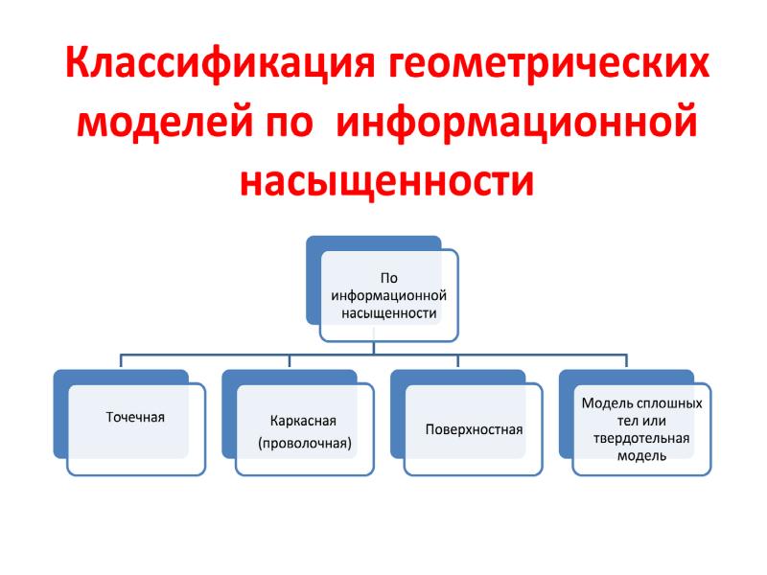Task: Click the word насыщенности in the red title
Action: (x=386, y=180)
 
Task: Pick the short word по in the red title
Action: (x=290, y=125)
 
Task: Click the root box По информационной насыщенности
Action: (x=389, y=295)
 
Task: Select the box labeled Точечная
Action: (x=136, y=429)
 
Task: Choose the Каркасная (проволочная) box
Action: (x=305, y=429)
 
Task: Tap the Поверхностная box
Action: (x=474, y=429)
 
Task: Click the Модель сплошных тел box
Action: (x=641, y=429)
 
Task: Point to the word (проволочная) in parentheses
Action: (x=305, y=444)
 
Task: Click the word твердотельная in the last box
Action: (x=641, y=438)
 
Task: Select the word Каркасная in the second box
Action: (x=303, y=421)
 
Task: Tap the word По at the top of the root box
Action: (x=389, y=278)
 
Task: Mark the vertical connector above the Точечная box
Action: (x=121, y=360)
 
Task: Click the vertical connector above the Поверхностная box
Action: (x=458, y=360)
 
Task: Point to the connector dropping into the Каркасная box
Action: (x=290, y=360)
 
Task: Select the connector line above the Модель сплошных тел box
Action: (x=627, y=360)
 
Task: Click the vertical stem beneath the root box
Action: (x=374, y=348)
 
